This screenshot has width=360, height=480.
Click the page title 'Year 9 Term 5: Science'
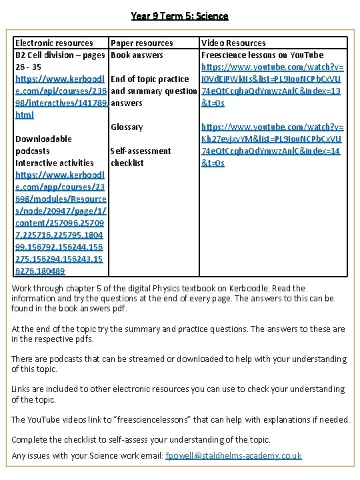click(x=179, y=15)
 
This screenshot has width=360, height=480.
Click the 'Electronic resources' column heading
click(x=54, y=43)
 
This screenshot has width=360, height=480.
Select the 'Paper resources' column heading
click(x=141, y=43)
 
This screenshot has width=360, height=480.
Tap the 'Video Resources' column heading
click(x=233, y=43)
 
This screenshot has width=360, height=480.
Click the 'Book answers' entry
click(x=137, y=55)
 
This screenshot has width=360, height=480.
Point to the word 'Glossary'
click(x=127, y=127)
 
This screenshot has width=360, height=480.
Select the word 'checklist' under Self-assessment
click(x=127, y=163)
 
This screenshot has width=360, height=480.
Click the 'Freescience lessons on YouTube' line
click(x=262, y=55)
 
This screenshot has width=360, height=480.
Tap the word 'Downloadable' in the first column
click(x=43, y=139)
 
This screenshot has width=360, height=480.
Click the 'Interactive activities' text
click(x=54, y=163)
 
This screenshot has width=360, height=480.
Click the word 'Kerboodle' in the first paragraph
click(x=255, y=288)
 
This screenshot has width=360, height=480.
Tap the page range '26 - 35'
click(x=28, y=67)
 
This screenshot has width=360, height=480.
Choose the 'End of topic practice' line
click(x=149, y=79)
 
